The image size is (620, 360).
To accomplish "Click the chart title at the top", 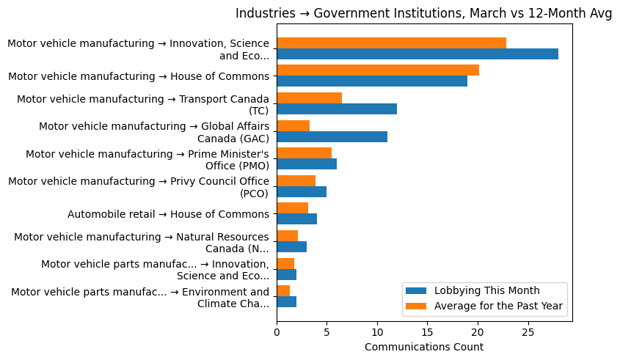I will (423, 13).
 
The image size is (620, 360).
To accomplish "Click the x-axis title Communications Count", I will (423, 347).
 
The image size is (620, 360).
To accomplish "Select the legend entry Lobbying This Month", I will (486, 290).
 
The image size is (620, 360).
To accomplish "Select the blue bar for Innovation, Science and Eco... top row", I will (417, 54).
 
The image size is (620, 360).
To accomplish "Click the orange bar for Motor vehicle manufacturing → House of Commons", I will (378, 70).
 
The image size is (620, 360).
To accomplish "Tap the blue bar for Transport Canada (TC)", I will (337, 109).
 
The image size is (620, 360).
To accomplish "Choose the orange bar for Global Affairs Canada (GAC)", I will (293, 125).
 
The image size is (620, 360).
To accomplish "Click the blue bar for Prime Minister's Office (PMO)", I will (307, 164).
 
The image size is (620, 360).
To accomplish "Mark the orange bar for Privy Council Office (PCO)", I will (296, 180).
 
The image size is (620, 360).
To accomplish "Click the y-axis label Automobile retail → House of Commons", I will (168, 214).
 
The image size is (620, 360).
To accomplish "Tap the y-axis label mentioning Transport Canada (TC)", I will (143, 104).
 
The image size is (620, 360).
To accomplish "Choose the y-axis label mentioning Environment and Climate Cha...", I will (140, 298).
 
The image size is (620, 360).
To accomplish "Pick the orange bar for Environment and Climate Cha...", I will (283, 291).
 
